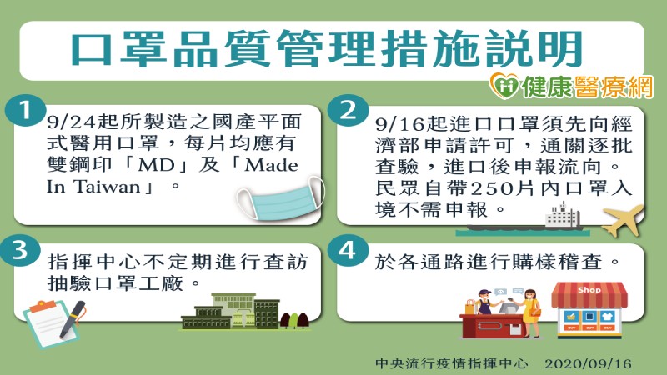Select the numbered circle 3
point(20,249)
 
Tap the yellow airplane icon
point(622,219)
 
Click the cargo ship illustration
point(523,220)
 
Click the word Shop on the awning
point(589,290)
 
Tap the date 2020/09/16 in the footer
point(589,363)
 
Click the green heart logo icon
point(504,86)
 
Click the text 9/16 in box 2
point(400,124)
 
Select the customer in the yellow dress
point(530,312)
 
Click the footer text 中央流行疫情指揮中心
point(451,363)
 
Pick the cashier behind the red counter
point(484,302)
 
